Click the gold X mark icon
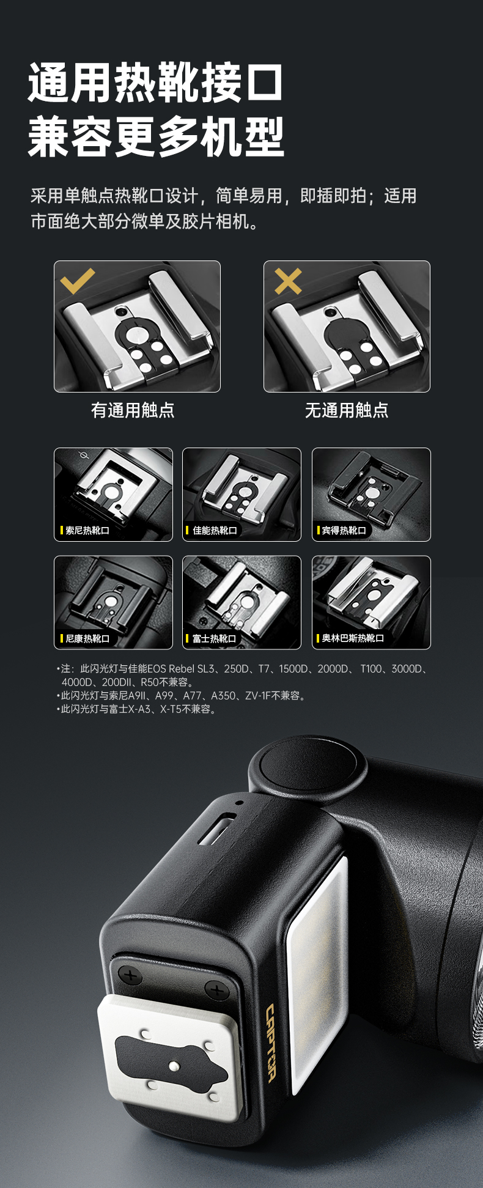[x=288, y=281]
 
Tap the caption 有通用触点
[x=133, y=410]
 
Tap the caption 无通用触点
[x=347, y=410]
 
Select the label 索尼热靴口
[x=87, y=531]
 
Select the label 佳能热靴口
[x=215, y=531]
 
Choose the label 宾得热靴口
[x=344, y=531]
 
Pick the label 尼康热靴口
[x=87, y=639]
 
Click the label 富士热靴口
[x=215, y=639]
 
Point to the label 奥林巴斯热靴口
[x=353, y=639]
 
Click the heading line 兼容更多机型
[x=156, y=137]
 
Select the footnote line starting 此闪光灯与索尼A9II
[x=181, y=696]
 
